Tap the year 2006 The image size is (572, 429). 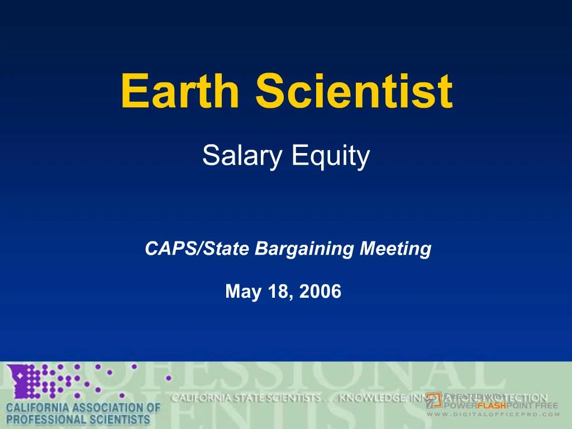coord(320,291)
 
